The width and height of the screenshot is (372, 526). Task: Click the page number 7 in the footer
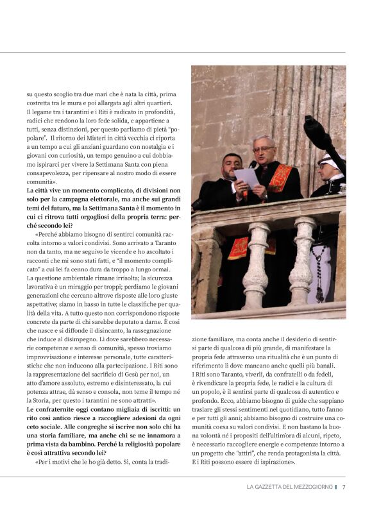[344, 487]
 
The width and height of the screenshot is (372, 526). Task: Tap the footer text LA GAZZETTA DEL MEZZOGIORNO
[289, 487]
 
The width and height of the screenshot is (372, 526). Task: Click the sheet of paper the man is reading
[247, 176]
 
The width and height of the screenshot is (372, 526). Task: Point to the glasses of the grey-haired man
[262, 149]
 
